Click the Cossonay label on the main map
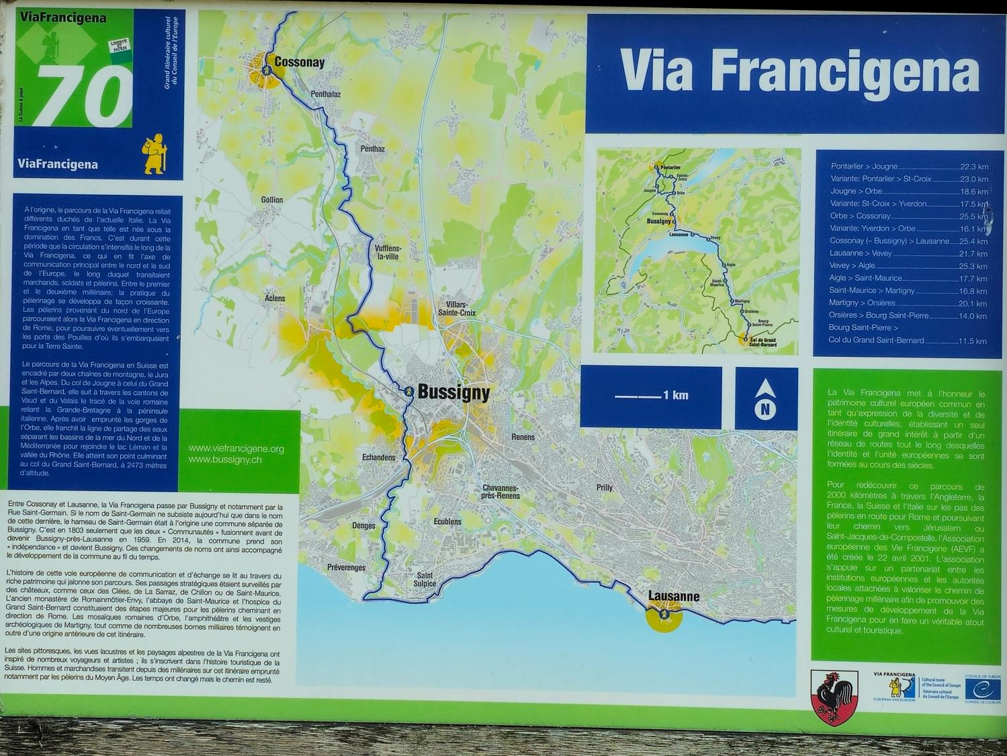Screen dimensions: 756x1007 point(299,63)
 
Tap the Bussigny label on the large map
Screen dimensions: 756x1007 point(453,392)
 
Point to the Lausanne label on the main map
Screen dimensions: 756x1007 point(673,596)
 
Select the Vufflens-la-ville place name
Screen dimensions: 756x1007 point(387,252)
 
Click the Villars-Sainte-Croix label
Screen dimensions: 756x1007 point(457,308)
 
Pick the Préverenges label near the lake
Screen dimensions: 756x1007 point(346,568)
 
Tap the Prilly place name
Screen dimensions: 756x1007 point(605,488)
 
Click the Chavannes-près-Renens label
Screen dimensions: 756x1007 point(501,492)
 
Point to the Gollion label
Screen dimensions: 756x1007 point(272,200)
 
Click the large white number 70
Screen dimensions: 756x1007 point(84,96)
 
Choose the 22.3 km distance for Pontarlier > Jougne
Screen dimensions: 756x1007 point(974,167)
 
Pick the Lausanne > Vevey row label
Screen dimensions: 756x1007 point(860,253)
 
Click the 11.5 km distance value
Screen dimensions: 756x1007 point(972,341)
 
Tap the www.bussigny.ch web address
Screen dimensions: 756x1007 point(225,460)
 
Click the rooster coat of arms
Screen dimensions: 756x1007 point(834,697)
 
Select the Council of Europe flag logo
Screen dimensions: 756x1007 point(982,690)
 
